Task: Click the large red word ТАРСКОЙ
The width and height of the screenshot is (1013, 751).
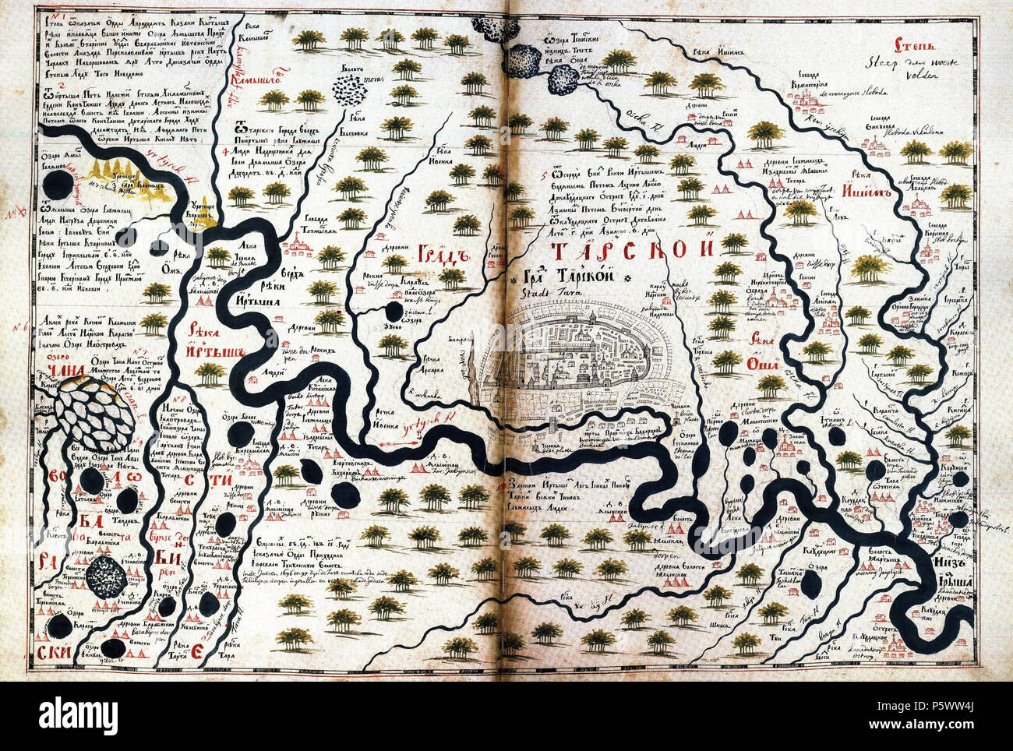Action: coord(632,250)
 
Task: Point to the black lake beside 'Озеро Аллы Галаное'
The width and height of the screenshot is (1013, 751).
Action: coord(57,185)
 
